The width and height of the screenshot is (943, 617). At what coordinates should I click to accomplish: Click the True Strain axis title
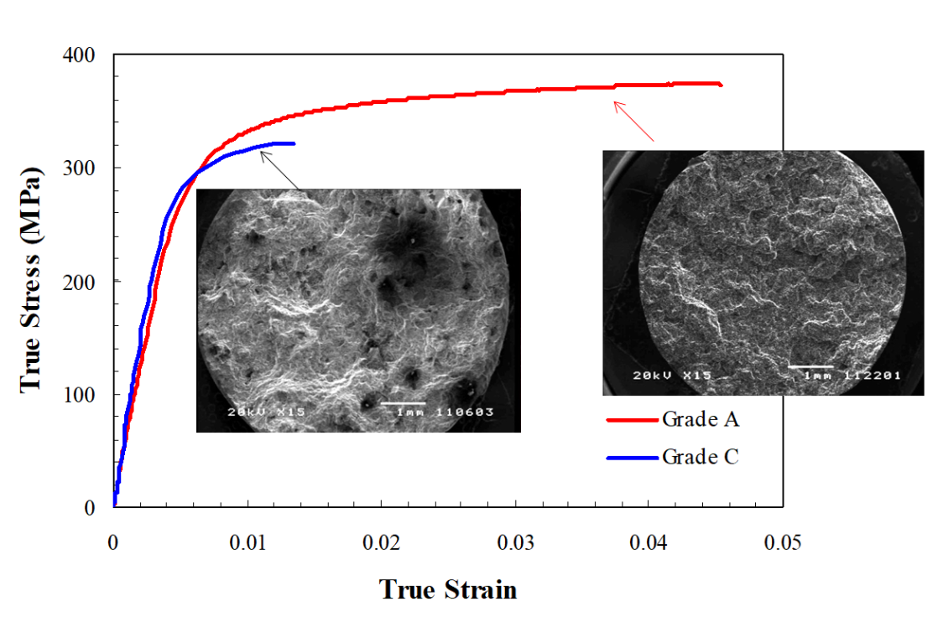point(448,589)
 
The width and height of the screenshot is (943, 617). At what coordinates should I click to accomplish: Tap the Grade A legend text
point(701,419)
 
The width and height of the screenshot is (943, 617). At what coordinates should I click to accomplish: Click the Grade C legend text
point(701,457)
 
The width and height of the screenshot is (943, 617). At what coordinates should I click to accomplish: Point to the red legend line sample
point(630,419)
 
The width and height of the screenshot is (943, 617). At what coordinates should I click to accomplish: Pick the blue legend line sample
point(630,458)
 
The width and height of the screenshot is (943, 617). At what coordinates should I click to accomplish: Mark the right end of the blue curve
point(294,143)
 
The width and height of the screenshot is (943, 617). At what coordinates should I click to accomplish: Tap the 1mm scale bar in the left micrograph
point(404,403)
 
